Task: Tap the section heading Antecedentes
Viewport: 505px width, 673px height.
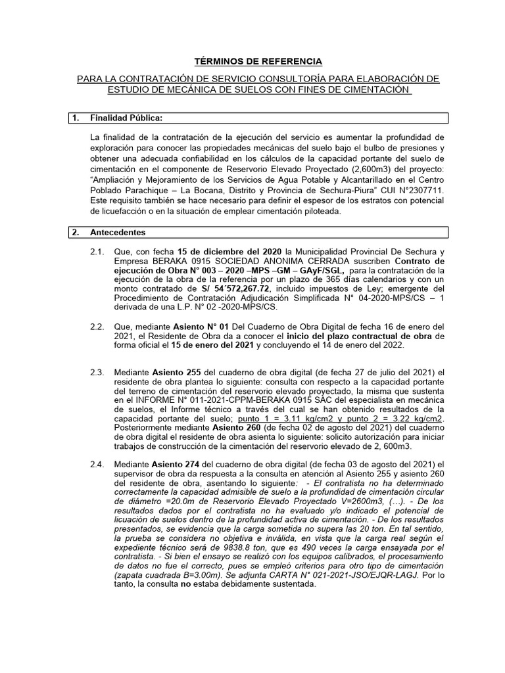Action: [118, 233]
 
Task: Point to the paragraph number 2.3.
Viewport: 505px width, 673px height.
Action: [97, 372]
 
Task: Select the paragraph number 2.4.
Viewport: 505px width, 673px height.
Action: [97, 464]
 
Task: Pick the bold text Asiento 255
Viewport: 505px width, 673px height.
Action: [178, 372]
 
